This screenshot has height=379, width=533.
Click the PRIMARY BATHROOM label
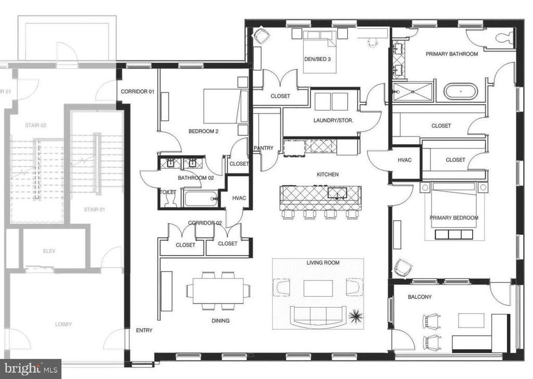coord(452,54)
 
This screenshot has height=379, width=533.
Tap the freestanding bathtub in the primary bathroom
coord(461,92)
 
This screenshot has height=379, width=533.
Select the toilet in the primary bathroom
coord(504,37)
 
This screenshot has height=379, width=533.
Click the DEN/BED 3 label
coord(318,59)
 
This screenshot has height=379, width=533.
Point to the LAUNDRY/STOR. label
coord(333,120)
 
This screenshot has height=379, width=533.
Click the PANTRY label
coord(263,148)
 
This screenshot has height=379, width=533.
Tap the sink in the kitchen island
coord(337,193)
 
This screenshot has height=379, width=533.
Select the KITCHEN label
coord(328,174)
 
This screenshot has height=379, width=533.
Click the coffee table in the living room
coord(318,288)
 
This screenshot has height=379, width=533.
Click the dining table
coord(218,290)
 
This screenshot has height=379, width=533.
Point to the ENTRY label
coord(144,331)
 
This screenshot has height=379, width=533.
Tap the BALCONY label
coord(420,297)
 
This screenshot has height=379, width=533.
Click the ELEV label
coord(49,251)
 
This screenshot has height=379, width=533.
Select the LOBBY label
coord(64,324)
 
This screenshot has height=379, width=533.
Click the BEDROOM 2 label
coord(204,131)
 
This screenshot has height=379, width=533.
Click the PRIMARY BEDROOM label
coord(454,218)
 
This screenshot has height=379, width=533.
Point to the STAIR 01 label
coord(95,210)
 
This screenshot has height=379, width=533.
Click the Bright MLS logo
coord(31,369)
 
